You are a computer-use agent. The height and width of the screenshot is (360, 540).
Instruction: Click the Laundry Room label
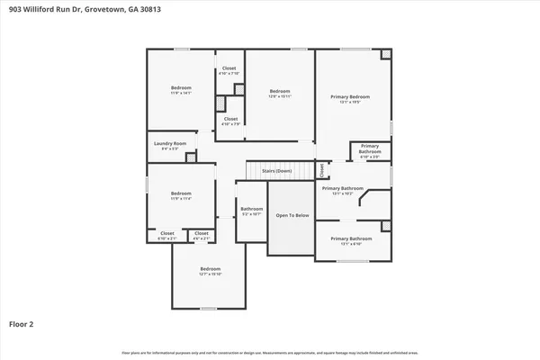tap(170, 144)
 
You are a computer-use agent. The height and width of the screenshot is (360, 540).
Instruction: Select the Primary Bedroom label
tap(350, 96)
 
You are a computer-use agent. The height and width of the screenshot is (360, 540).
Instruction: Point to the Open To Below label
tap(292, 215)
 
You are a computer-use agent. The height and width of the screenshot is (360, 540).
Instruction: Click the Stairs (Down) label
tap(277, 170)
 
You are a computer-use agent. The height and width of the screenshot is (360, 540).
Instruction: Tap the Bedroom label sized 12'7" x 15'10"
tap(211, 270)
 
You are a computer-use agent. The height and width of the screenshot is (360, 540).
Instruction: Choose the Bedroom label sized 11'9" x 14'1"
tap(182, 87)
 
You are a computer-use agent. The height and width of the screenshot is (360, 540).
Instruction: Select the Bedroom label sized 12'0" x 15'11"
tap(280, 91)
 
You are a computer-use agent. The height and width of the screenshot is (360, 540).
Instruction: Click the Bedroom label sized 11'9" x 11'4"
tap(182, 193)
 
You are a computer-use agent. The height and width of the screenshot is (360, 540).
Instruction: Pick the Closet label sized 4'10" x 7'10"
tap(229, 68)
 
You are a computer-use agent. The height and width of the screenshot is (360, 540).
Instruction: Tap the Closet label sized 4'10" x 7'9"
tap(230, 119)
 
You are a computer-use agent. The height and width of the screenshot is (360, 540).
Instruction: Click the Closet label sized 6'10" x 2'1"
tap(167, 234)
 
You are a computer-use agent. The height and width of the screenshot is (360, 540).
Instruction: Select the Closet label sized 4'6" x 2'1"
tap(202, 234)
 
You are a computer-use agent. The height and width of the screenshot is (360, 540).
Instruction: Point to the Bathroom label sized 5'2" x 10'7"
tap(251, 210)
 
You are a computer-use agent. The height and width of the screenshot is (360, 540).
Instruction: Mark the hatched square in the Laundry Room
tap(191, 157)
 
